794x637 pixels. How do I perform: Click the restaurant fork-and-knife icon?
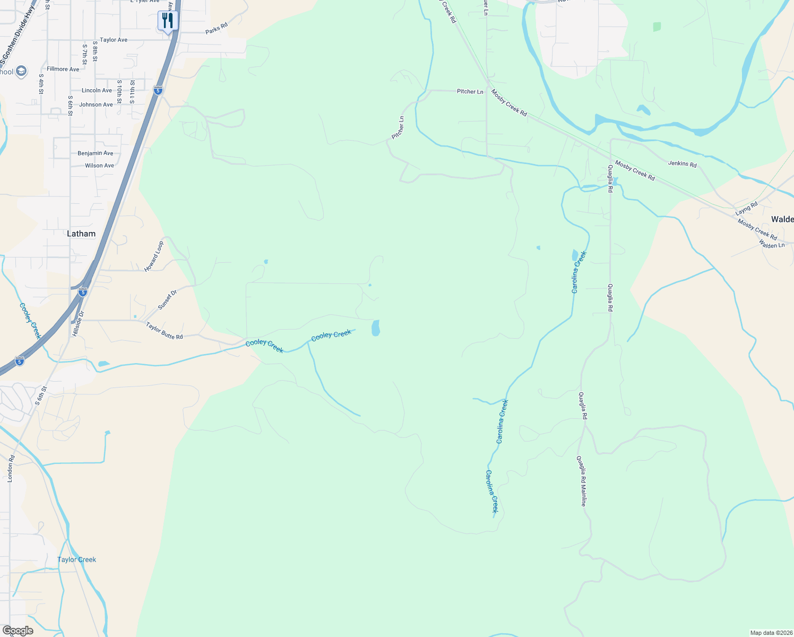tap(168, 21)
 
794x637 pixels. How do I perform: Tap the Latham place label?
tap(81, 234)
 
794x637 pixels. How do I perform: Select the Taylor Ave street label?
tap(114, 40)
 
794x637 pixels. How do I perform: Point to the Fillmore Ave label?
tap(63, 69)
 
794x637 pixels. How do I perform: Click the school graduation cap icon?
tap(21, 72)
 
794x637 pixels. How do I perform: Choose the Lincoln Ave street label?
tap(97, 90)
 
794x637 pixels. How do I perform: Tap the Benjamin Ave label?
tap(96, 153)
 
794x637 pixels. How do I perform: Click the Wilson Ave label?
tap(99, 166)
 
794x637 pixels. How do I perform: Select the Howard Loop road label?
tap(154, 256)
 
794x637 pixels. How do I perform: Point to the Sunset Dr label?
tap(167, 300)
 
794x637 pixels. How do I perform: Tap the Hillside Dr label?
tap(78, 324)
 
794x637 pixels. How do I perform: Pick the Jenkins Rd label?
tap(682, 164)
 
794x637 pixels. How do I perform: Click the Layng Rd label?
tap(746, 209)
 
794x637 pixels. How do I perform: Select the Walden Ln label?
tap(772, 244)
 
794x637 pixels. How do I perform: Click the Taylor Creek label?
tap(76, 559)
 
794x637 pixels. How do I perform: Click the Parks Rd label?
tap(216, 29)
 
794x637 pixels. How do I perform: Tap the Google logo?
tap(18, 631)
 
